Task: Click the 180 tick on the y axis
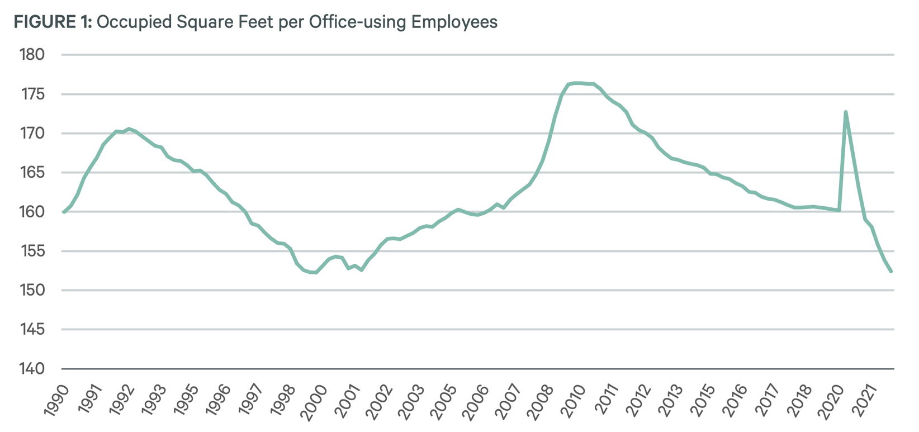click(x=32, y=55)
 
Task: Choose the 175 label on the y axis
click(x=32, y=94)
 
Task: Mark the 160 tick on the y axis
click(x=32, y=212)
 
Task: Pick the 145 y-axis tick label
click(x=32, y=329)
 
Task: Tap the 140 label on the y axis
click(x=32, y=369)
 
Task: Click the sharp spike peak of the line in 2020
click(x=846, y=112)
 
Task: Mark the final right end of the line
click(x=891, y=272)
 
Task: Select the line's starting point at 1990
click(x=64, y=212)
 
